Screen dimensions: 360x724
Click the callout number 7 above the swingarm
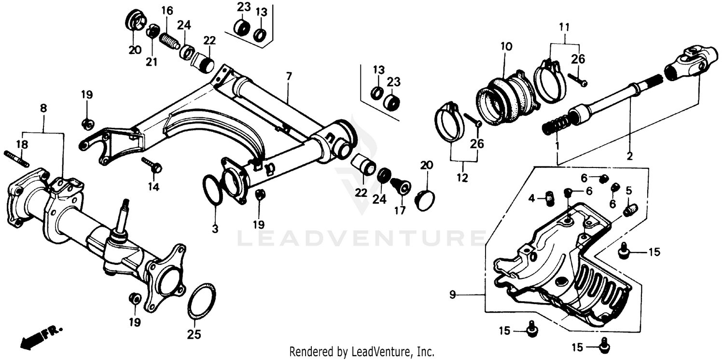tap(289, 76)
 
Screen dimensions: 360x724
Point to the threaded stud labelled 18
tap(17, 158)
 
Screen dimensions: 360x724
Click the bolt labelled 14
tap(153, 165)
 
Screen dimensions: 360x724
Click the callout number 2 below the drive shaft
tap(629, 156)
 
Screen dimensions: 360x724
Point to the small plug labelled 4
tap(548, 198)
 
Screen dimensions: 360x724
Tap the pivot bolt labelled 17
tap(401, 186)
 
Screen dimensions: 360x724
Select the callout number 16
tap(167, 10)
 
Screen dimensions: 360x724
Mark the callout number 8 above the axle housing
tap(43, 109)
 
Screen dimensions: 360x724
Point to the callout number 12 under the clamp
tap(462, 178)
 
